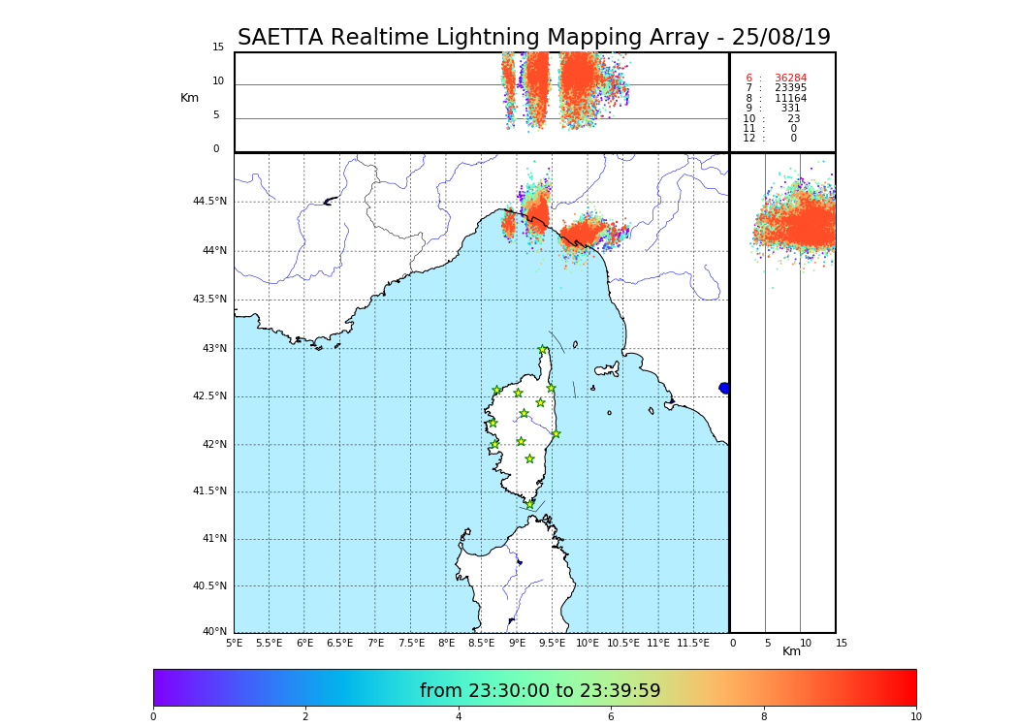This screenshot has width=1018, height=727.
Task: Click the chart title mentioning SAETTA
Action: (534, 38)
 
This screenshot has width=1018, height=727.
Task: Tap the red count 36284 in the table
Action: (790, 79)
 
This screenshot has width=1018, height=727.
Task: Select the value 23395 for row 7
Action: (790, 88)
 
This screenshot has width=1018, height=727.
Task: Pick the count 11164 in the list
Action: (790, 99)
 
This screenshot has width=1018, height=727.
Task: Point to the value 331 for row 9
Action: (790, 109)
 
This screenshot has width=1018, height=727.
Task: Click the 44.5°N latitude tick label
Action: (209, 202)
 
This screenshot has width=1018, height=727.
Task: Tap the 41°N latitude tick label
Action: (213, 539)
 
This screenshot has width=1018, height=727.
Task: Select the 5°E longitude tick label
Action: (235, 643)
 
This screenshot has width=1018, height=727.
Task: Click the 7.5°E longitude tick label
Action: (411, 643)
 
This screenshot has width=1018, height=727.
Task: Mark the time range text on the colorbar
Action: (540, 691)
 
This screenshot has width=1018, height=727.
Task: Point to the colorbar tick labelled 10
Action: (916, 717)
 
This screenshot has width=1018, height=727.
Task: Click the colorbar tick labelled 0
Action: (153, 717)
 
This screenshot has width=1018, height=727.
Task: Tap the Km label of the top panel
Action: (189, 98)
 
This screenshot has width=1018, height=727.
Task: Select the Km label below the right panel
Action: (792, 651)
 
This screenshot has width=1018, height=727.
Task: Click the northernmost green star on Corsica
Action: (543, 350)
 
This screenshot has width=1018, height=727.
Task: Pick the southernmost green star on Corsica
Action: (530, 504)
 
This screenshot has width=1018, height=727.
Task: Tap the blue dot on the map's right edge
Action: (724, 388)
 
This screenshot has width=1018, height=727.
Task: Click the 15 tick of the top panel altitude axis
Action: (218, 47)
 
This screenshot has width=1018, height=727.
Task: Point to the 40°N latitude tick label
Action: (213, 632)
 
